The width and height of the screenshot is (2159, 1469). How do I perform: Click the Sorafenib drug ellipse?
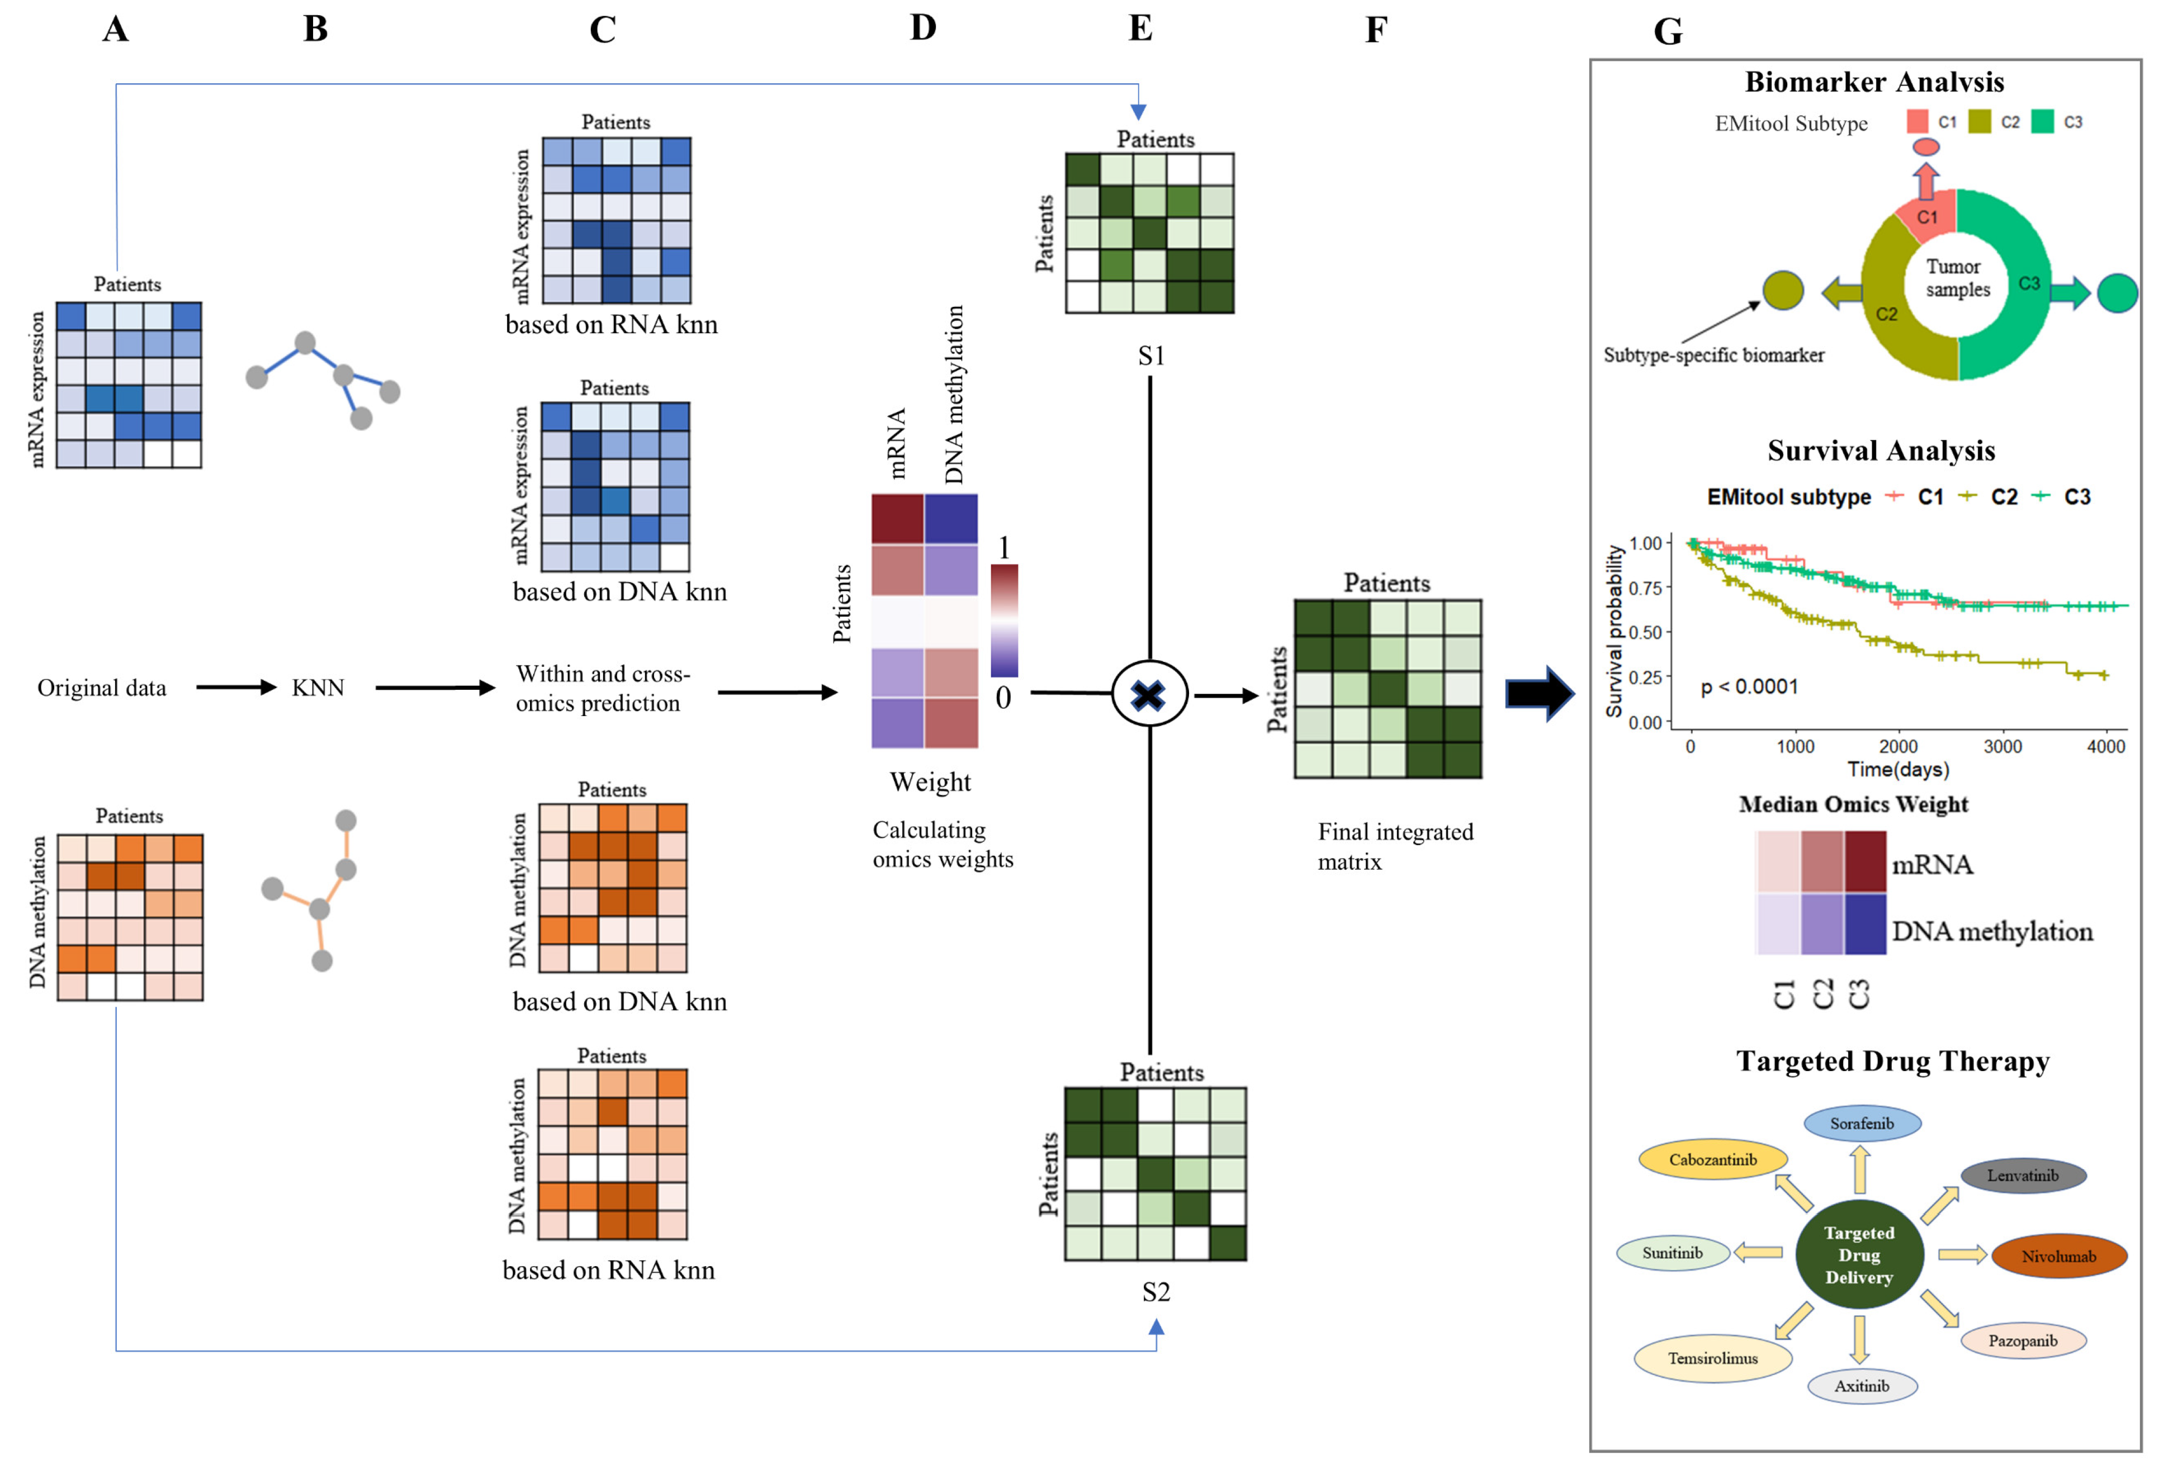1861,1124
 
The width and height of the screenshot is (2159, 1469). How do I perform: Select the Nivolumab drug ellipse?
2059,1256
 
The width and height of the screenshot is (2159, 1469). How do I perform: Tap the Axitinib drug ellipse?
1861,1386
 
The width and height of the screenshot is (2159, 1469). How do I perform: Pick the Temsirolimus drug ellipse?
1712,1358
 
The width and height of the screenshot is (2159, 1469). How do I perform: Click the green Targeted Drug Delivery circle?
1858,1254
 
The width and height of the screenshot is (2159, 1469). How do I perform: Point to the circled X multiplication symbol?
1149,694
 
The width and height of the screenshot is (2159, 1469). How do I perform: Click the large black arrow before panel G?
1540,693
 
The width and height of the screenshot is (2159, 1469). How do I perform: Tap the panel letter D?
922,28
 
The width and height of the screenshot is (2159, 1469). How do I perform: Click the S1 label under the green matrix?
1151,356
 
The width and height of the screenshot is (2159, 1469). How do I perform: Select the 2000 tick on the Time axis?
1898,747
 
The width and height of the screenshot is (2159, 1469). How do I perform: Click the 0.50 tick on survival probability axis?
1645,633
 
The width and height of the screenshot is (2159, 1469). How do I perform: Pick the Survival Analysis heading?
1880,451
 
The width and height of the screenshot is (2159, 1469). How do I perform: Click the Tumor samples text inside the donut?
1957,278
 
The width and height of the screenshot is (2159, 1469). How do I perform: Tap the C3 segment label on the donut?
2029,283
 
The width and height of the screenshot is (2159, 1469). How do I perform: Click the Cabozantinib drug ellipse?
1712,1159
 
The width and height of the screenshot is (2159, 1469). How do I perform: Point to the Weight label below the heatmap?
930,783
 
